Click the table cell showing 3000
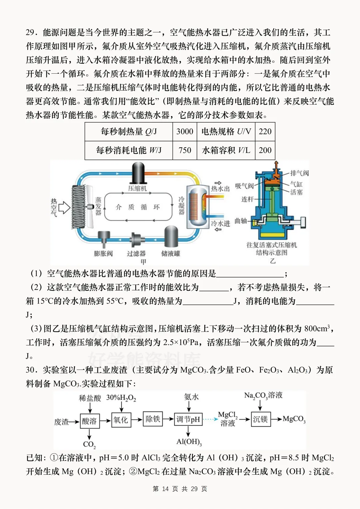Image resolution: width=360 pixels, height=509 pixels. point(185,132)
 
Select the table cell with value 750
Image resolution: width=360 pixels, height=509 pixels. point(185,150)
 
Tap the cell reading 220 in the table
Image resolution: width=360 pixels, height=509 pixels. point(265,132)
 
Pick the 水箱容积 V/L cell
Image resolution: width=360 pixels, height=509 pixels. point(226,150)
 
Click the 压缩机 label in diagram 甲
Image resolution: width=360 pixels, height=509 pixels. point(137,189)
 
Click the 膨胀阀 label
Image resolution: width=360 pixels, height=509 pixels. point(103,254)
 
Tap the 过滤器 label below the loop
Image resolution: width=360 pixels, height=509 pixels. point(136,254)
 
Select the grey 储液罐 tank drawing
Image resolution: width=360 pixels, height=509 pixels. point(171,237)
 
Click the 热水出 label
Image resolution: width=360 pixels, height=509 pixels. point(220,189)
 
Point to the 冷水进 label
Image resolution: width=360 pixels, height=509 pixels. point(220,223)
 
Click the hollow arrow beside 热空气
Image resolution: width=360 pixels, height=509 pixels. point(64,208)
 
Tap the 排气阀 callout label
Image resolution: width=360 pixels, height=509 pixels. point(299,173)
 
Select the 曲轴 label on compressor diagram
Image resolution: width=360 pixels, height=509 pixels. point(241,221)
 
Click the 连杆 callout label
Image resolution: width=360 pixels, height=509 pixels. point(248,199)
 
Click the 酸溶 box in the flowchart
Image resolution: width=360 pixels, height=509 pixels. point(89,421)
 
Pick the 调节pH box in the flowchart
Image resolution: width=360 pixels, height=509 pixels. point(188,419)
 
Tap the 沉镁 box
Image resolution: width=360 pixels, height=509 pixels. point(260,419)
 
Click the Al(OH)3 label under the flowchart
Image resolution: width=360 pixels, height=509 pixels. point(189,442)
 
